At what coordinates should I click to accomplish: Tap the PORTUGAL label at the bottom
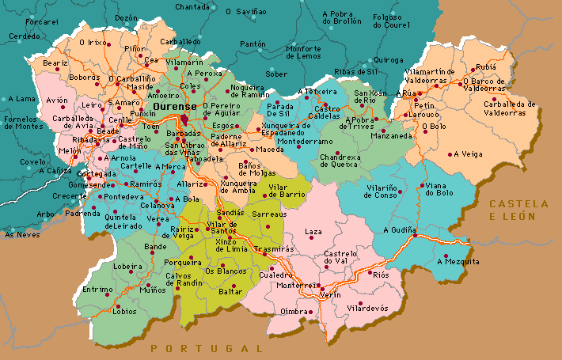tap(206, 348)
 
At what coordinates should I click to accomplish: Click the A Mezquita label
tap(460, 261)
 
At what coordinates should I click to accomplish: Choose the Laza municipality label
tap(314, 231)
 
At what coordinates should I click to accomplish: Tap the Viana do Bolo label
tap(439, 189)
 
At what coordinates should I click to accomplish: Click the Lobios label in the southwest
tap(124, 312)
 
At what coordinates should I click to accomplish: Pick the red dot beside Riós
tap(370, 274)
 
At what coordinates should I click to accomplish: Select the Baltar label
tap(230, 292)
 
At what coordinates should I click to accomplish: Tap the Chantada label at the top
tap(192, 6)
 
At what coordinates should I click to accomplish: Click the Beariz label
tap(55, 63)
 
